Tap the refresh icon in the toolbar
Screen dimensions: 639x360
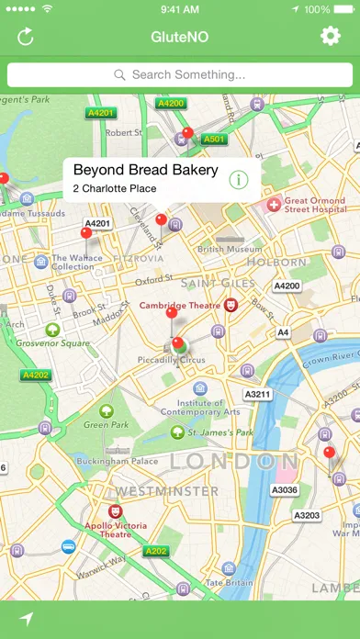26,37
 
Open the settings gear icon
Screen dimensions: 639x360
330,37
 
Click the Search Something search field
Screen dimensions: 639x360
180,74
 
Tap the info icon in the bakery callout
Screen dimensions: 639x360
239,179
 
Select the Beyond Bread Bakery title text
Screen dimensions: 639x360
145,170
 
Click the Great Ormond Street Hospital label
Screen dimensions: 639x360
307,205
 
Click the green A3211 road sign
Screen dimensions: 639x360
258,395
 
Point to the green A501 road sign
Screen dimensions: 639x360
213,140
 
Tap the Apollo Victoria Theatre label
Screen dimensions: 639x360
115,528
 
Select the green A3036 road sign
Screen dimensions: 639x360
285,490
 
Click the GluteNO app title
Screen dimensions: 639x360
180,37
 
